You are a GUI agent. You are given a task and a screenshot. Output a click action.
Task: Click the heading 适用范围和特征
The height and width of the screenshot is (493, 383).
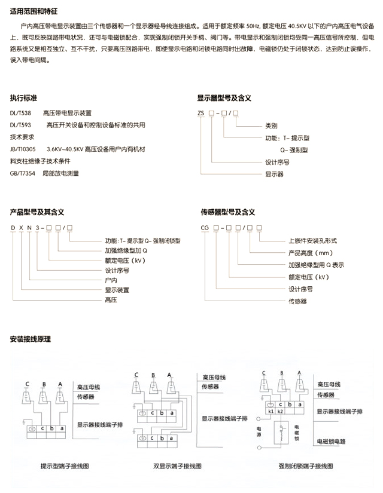(34, 11)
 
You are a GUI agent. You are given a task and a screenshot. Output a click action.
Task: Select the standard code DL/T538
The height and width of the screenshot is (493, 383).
(20, 113)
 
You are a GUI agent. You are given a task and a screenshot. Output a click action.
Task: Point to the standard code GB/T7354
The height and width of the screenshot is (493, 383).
(22, 173)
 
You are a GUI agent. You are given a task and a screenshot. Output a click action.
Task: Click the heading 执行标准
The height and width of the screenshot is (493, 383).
(24, 97)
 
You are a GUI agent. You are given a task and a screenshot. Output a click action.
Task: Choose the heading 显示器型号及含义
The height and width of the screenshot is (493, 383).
(224, 97)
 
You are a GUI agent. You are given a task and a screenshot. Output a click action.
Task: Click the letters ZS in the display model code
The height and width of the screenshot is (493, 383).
(202, 113)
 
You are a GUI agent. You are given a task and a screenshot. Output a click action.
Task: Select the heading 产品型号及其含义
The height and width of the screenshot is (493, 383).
(37, 212)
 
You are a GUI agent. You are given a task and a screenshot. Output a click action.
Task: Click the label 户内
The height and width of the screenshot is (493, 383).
(110, 278)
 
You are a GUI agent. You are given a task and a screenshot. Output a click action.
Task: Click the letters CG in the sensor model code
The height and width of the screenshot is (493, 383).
(205, 228)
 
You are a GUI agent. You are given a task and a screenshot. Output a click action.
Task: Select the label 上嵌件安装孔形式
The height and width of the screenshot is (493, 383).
(312, 240)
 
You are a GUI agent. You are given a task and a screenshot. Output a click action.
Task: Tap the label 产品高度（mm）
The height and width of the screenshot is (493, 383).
(310, 253)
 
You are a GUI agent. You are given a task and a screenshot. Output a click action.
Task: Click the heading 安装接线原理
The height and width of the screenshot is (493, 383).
(30, 339)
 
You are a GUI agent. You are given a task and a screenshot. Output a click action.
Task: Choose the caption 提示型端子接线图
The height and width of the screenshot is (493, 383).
(64, 466)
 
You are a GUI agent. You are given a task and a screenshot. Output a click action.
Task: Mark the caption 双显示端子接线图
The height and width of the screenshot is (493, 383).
(177, 466)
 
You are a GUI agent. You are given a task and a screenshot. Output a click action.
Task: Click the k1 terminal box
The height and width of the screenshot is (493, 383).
(270, 412)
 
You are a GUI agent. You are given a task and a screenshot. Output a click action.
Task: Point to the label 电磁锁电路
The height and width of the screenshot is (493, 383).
(332, 442)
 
